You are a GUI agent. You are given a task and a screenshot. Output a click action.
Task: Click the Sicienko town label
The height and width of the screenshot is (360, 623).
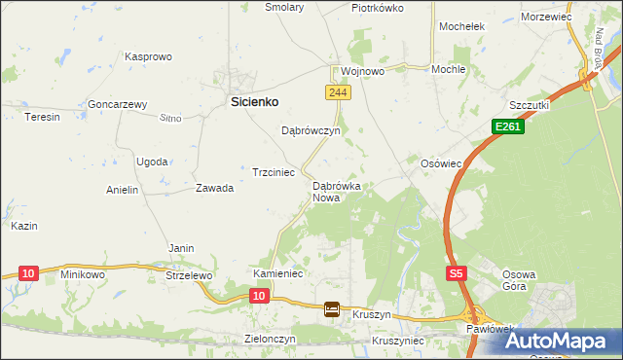[254, 100]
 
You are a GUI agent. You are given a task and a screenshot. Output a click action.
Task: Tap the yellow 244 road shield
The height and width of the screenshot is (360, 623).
[337, 92]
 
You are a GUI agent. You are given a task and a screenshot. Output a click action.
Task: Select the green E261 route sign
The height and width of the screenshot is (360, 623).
[507, 126]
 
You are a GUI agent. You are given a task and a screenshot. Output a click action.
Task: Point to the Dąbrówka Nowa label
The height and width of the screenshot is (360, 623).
[336, 191]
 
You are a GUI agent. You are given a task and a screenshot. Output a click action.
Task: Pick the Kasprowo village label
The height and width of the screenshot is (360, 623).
[149, 57]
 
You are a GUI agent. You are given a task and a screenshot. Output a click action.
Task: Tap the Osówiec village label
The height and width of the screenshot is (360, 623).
[440, 163]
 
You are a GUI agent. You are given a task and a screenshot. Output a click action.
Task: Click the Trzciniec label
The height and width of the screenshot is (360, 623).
[274, 171]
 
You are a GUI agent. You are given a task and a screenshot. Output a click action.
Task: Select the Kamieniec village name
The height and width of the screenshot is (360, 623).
[279, 274]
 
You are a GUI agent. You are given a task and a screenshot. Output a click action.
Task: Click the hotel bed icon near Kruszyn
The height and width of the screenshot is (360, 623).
[332, 309]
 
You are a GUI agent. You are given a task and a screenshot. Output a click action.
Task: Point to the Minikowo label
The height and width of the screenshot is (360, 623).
[83, 275]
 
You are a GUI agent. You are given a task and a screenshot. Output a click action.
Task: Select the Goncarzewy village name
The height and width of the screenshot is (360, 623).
[117, 104]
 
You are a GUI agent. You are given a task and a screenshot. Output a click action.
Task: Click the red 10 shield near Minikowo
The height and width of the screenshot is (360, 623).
[27, 273]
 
